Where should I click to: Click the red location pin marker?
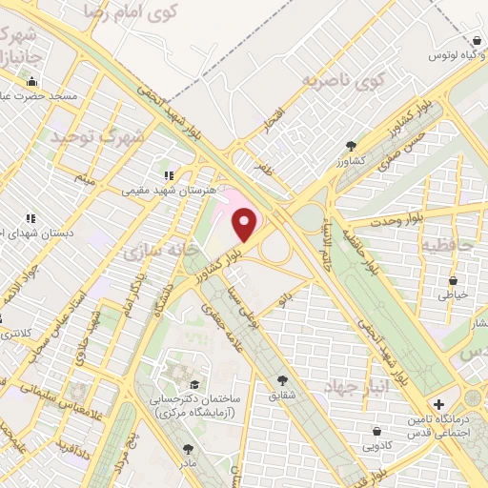coord(246,224)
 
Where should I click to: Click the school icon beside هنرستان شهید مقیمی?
coord(169,175)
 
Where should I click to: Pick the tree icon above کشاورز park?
coord(352,146)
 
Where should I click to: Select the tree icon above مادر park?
coord(188,447)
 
